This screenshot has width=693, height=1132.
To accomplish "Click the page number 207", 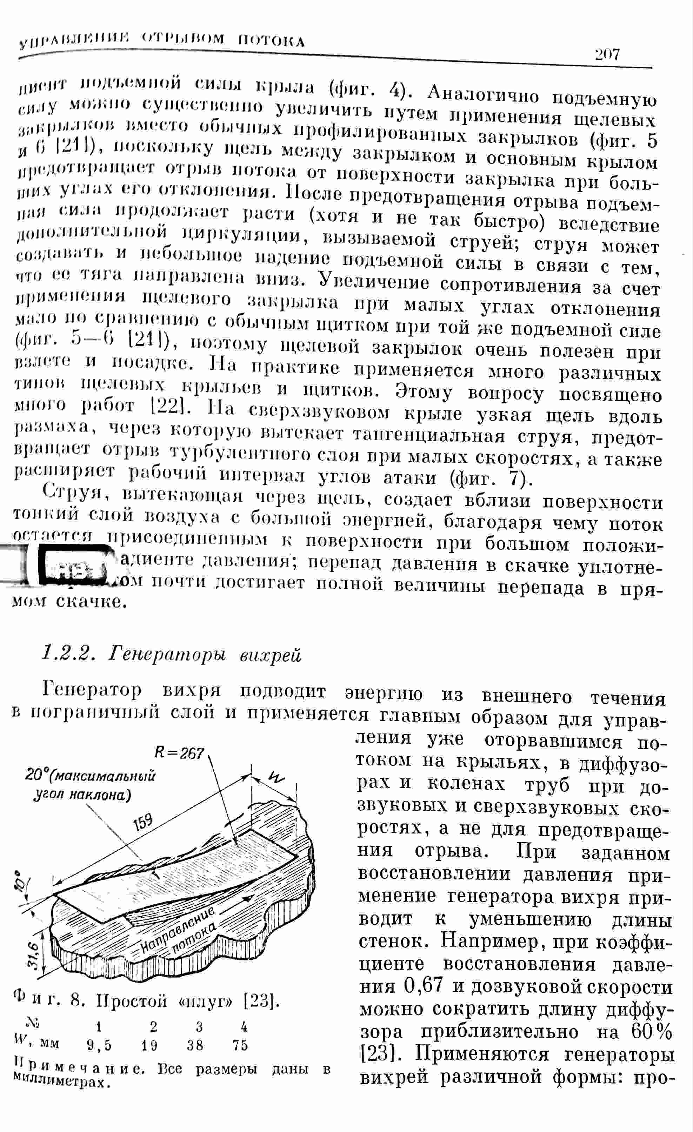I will [607, 55].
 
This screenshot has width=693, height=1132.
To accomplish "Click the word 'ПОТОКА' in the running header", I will [271, 42].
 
